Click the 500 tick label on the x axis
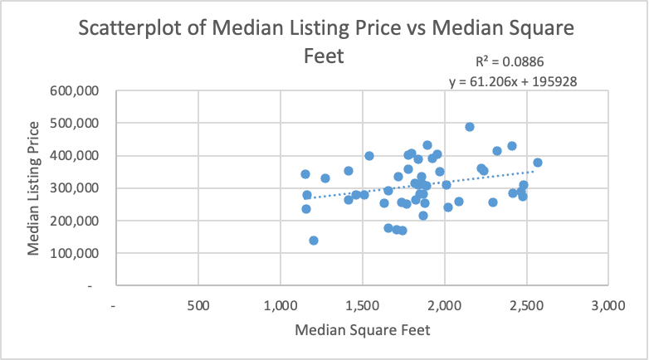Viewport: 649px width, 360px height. [198, 304]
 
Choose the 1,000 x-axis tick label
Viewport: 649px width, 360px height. [281, 304]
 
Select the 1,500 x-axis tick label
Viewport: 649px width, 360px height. [362, 304]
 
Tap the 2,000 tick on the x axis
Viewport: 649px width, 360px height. [444, 304]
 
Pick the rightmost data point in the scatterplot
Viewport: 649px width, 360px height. [538, 163]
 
